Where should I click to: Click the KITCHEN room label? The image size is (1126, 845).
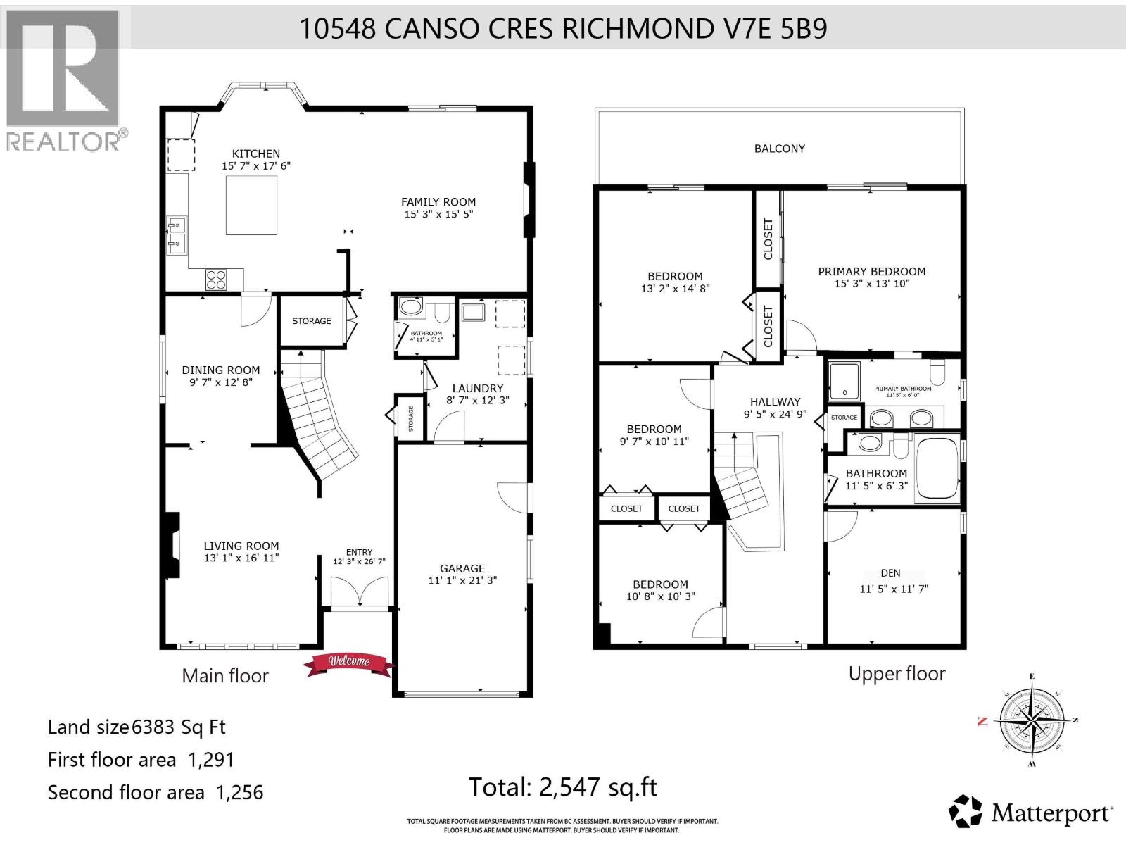pos(256,154)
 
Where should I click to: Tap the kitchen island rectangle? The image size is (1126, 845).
pos(251,205)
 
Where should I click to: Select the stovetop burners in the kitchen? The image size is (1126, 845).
pos(216,280)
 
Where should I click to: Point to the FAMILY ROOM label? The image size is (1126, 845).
pos(438,202)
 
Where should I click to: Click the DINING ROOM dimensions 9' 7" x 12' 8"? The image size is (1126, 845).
pos(221,382)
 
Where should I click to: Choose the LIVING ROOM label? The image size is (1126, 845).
pos(241,546)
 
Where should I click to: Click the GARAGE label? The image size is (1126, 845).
pos(462,568)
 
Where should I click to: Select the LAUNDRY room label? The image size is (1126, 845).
pos(478,388)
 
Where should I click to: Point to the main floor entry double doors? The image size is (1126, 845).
pos(360,591)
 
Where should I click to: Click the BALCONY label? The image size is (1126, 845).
pos(780,149)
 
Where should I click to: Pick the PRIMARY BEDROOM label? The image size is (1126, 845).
pos(871,271)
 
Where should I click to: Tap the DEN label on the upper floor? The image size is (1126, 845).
pos(890,573)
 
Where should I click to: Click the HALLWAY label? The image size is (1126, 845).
pos(775,402)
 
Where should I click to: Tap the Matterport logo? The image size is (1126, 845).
pos(1031,813)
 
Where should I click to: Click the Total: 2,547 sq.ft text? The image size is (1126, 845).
pos(563,787)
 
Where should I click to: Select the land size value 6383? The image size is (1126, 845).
pos(153,727)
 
